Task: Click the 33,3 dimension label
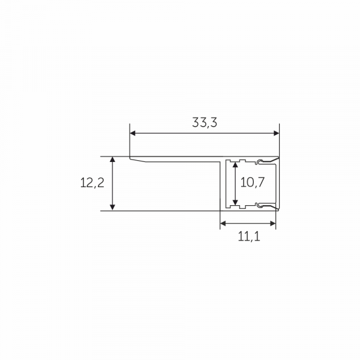tap(205, 123)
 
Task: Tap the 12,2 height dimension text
tap(92, 184)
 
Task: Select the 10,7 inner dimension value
tap(252, 183)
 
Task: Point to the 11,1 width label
tap(248, 236)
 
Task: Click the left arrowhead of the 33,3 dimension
tap(133, 133)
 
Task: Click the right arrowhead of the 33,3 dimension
tap(276, 133)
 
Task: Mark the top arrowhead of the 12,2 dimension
tap(112, 160)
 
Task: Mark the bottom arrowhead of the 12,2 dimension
tap(112, 208)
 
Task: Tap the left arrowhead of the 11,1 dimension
tap(223, 224)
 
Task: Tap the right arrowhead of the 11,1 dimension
tap(273, 224)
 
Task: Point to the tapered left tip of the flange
tap(131, 158)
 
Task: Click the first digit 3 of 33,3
tap(196, 123)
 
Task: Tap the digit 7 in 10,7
tap(260, 183)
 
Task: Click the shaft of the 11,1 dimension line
tap(248, 224)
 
